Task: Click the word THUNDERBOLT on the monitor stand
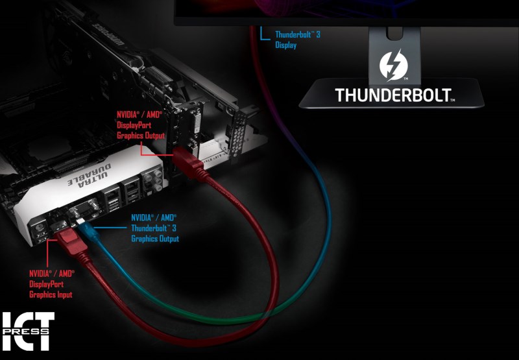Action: (393, 95)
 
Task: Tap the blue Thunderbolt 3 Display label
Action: (297, 40)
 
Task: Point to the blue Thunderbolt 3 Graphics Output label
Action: (154, 228)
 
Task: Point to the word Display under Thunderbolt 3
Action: (285, 45)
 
